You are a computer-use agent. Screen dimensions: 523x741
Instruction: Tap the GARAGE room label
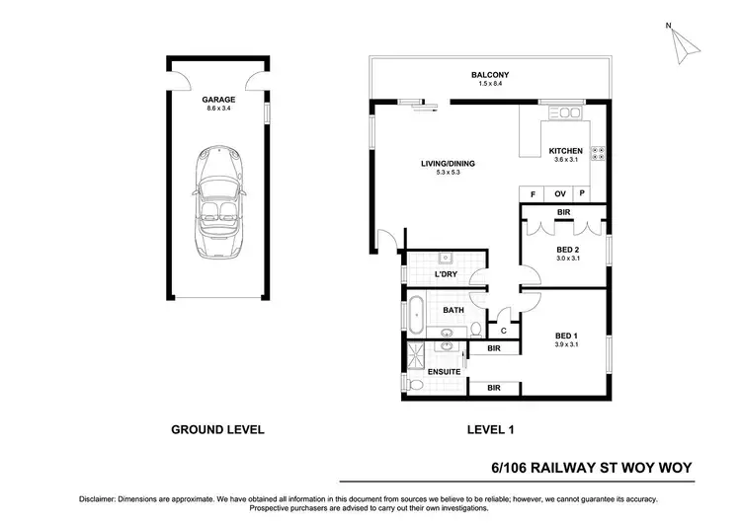[217, 100]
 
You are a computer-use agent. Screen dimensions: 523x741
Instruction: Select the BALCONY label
[489, 75]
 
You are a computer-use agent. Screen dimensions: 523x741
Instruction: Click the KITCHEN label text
[566, 151]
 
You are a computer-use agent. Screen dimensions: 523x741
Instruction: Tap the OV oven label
[559, 193]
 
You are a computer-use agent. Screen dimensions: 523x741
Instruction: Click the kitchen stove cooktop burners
[598, 153]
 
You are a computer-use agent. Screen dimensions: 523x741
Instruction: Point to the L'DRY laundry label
[446, 273]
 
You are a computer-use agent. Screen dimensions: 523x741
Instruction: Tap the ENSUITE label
[443, 371]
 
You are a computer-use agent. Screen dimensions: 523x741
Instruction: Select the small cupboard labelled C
[504, 331]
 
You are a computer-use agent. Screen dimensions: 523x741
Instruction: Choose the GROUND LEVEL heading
[217, 430]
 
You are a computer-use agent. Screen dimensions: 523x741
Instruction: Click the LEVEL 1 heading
[490, 430]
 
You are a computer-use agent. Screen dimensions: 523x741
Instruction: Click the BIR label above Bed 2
[563, 212]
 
